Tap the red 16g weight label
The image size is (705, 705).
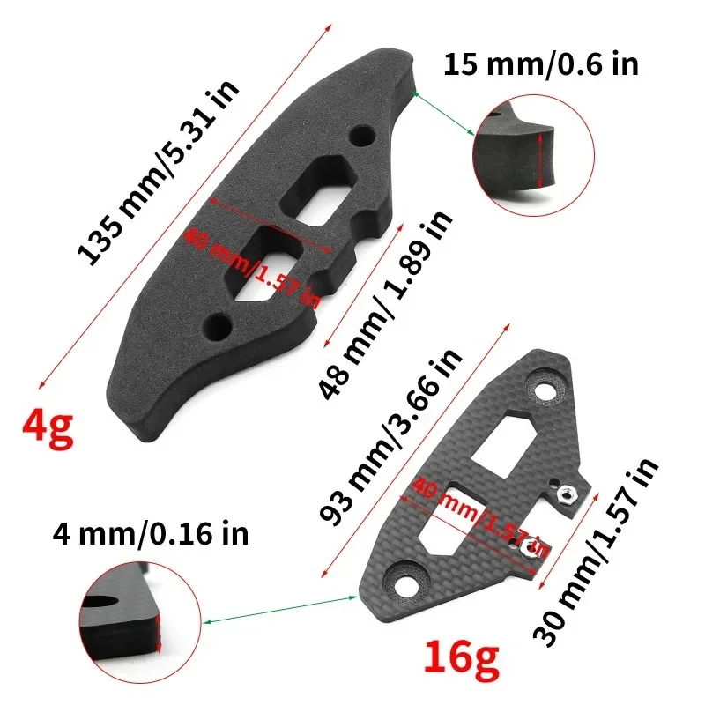(461, 657)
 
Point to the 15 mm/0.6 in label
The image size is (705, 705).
(540, 65)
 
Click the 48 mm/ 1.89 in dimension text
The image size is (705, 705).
(386, 304)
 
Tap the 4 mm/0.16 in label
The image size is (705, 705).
(151, 534)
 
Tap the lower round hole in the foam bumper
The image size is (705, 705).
(218, 329)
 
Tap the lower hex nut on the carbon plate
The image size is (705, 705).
(530, 549)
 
